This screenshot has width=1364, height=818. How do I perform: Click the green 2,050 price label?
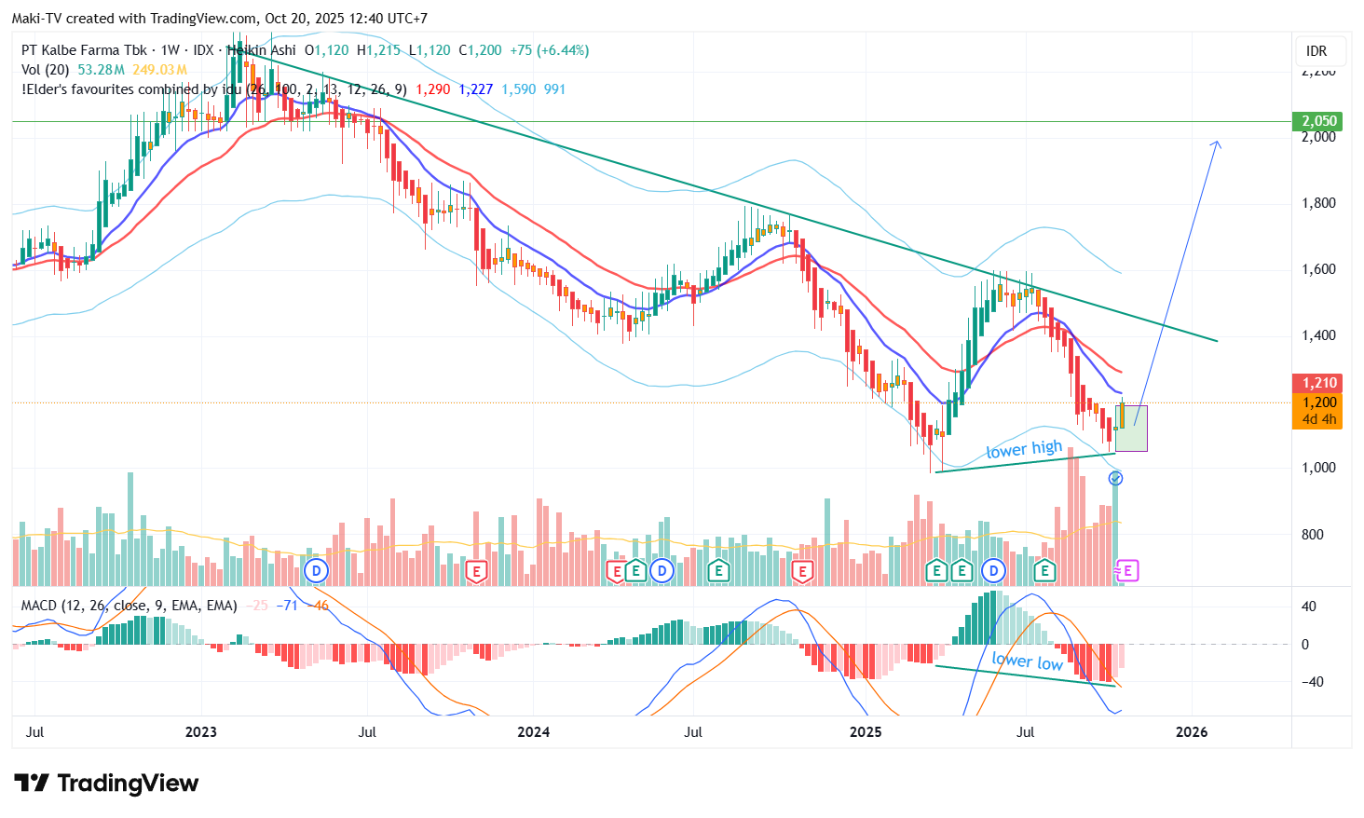[x=1318, y=121]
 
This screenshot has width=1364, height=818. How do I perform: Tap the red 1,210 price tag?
[x=1318, y=383]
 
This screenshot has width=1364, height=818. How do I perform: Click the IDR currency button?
[x=1316, y=51]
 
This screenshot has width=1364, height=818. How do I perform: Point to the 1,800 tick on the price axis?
[x=1318, y=203]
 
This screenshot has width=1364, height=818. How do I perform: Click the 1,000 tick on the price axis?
[x=1318, y=468]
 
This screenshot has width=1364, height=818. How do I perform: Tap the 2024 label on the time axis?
[x=534, y=732]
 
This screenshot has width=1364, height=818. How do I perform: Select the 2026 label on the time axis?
[x=1192, y=732]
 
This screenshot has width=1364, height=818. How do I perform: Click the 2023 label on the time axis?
[x=201, y=732]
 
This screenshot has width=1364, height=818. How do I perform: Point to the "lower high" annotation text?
[x=1024, y=450]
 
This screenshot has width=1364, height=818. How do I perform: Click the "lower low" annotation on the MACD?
[x=1027, y=661]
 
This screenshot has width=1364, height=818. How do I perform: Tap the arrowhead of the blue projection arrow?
[x=1216, y=143]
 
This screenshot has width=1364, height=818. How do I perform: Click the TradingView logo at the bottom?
[x=106, y=784]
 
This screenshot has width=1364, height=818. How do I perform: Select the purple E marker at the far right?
[x=1127, y=570]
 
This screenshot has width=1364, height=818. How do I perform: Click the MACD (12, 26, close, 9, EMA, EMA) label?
[x=129, y=606]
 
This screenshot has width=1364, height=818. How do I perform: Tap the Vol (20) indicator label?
[x=46, y=70]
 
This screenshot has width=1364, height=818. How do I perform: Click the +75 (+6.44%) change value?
[x=549, y=50]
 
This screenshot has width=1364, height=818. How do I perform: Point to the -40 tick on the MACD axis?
[x=1309, y=682]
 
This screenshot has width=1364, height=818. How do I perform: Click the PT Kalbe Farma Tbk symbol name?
[x=84, y=50]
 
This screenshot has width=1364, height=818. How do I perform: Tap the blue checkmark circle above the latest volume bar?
[x=1115, y=478]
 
